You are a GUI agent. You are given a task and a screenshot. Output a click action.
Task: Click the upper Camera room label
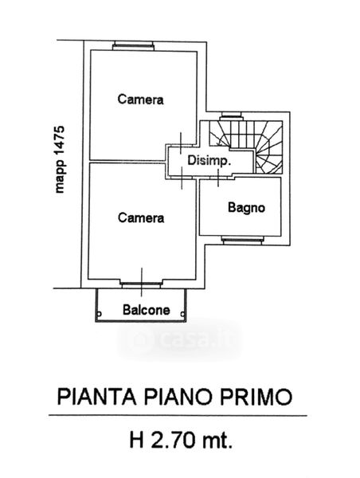pos(140,100)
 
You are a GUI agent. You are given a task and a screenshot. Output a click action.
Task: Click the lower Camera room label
pos(141,217)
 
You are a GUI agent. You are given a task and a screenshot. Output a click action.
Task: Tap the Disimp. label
pos(209,160)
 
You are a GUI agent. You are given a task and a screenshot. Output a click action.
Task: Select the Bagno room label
pos(246,208)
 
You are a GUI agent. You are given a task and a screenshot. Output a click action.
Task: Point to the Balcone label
pos(147,310)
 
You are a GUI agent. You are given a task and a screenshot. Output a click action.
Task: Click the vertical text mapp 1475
pos(60,159)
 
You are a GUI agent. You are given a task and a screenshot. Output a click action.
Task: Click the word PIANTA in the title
pos(96,397)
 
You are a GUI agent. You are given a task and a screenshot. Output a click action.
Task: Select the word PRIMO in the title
pos(256,397)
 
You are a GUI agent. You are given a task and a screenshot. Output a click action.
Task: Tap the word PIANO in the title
pos(178,397)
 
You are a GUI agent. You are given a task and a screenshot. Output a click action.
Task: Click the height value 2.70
pos(173,440)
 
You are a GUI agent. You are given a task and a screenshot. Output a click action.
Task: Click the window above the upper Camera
pos(133,46)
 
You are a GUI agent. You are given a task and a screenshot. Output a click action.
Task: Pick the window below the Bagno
pos(243,241)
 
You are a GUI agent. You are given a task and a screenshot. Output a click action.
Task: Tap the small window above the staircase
pos(231,116)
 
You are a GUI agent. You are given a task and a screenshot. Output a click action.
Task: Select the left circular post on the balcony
pos(99,314)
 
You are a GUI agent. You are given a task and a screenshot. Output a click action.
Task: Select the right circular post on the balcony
pos(182,314)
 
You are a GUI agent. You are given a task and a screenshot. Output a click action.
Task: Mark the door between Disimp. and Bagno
pos(218,178)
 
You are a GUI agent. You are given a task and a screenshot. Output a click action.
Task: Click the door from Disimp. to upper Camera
pos(181,144)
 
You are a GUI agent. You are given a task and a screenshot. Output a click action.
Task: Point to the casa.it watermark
pos(180,340)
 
